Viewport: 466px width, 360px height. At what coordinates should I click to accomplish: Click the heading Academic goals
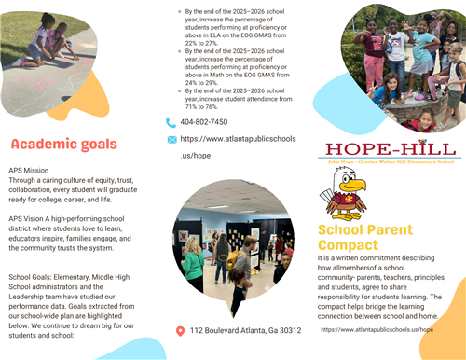(64, 144)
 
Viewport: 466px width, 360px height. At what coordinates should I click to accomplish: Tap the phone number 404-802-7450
(204, 122)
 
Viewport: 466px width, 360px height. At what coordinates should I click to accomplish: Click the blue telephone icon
(171, 122)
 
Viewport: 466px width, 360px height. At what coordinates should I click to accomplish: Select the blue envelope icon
(171, 139)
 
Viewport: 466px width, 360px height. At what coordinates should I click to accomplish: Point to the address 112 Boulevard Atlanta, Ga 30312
(245, 331)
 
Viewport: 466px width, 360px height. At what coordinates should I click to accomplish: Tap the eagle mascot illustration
(346, 195)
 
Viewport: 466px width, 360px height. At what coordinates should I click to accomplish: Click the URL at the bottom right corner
(377, 330)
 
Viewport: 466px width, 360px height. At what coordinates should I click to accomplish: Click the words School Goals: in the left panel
(32, 278)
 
